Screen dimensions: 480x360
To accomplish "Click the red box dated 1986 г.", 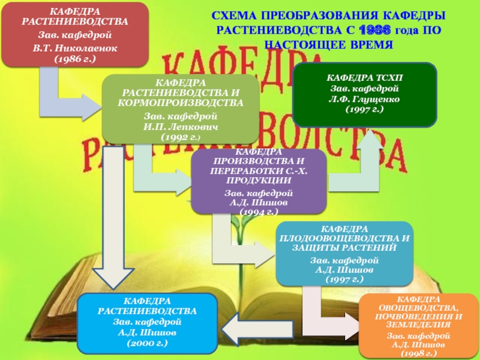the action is [x=74, y=34].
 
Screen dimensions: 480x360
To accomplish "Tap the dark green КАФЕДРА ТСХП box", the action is [x=364, y=94].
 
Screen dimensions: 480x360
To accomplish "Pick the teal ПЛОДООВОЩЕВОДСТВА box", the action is [x=344, y=254].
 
